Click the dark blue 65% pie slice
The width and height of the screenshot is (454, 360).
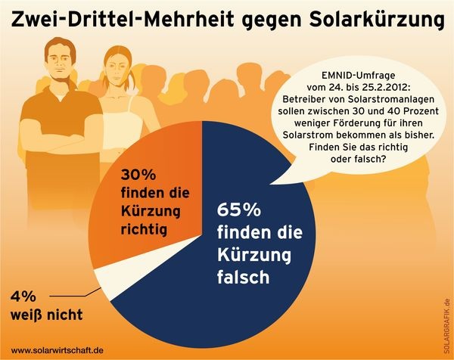coord(250,250)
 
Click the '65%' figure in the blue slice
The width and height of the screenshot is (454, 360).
coord(240,210)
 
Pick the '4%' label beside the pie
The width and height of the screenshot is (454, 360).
coord(23,296)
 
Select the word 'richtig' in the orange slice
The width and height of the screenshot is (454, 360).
coord(149,226)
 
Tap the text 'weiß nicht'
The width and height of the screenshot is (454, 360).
coord(47,314)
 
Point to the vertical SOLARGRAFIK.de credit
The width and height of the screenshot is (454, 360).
coord(447,318)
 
